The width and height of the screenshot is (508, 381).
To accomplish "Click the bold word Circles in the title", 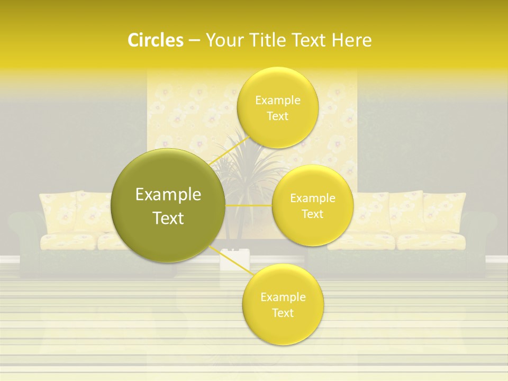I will point(156,40).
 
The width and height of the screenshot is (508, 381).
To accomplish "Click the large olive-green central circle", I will point(168,206).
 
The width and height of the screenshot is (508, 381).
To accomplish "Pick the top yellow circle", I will point(277,107).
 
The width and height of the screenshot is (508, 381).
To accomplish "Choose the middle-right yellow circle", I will point(313,205).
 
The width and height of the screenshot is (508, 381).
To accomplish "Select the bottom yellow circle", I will point(283,304).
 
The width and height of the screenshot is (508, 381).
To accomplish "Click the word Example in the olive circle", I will point(168,195).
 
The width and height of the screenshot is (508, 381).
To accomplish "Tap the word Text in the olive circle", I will point(168,218).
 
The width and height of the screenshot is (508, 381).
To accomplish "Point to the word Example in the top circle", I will point(278,101).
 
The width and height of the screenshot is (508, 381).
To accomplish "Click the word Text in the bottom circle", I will point(283,313).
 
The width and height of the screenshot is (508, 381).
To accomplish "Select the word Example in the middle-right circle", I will point(313,198).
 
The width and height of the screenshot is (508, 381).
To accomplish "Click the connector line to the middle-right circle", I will point(249,205).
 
